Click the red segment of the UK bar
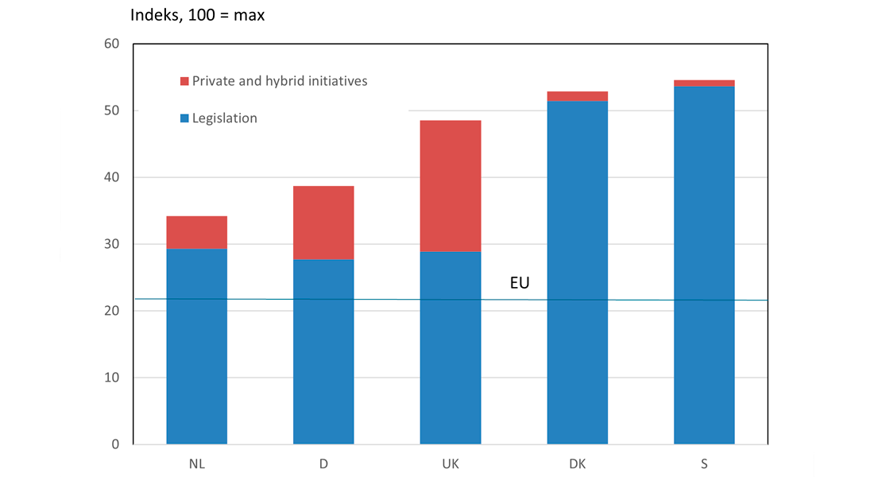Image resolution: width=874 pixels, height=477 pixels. point(451,186)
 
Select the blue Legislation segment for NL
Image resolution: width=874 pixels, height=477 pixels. point(197,347)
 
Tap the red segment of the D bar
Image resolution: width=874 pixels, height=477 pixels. point(323,223)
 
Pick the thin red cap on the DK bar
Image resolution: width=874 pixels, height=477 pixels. point(578,96)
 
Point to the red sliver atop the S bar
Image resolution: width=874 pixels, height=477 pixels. point(704,83)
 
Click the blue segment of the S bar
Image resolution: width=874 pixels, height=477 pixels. point(704,266)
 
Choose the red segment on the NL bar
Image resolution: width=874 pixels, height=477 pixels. point(197,233)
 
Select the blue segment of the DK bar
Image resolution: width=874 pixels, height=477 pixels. point(578,273)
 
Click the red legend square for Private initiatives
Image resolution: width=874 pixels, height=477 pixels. point(184,81)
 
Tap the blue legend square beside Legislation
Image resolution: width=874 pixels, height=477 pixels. point(184,118)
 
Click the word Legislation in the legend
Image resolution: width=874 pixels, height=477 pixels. point(225,118)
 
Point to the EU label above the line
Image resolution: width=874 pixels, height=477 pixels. point(520,283)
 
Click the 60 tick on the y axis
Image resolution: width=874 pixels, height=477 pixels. point(111,44)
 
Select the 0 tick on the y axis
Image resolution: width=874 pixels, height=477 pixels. point(115,444)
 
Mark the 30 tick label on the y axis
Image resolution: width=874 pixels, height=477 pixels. point(111,244)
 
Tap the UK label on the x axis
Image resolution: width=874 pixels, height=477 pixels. point(451,463)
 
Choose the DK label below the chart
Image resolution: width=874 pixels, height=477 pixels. point(578,463)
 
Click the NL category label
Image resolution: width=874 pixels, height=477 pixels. point(197,463)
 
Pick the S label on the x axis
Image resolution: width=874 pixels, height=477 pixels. point(704,463)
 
